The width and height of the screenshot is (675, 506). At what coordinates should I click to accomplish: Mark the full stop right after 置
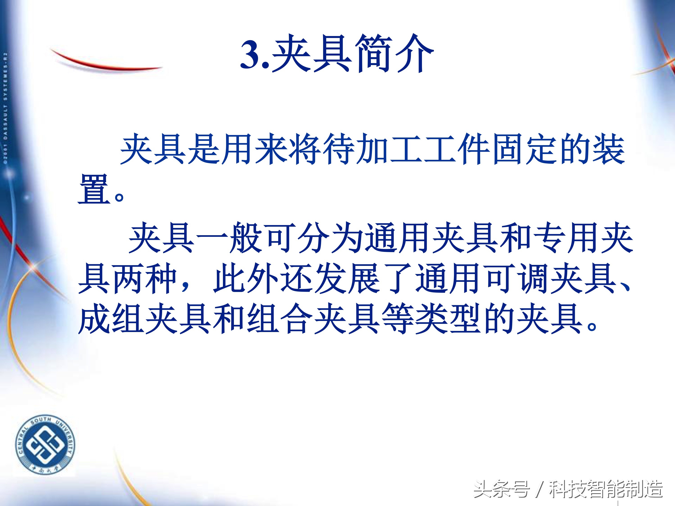tap(119, 197)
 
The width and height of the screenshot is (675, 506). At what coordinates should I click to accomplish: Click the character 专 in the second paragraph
tap(549, 238)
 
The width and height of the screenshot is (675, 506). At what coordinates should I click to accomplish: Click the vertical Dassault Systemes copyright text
tap(5, 108)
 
